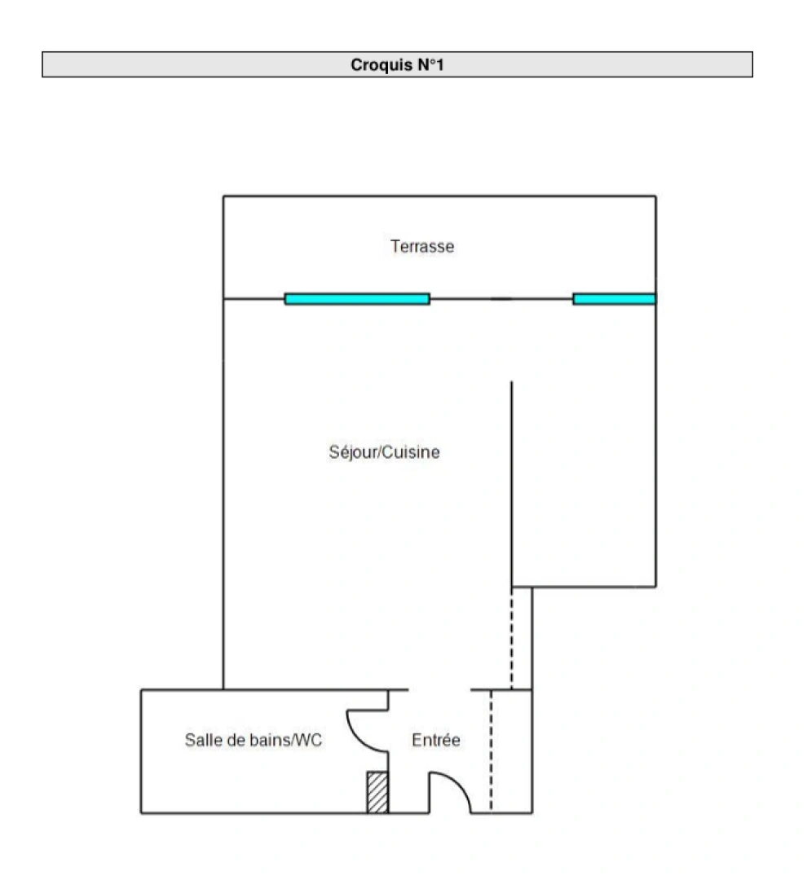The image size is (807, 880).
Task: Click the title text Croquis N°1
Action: click(397, 65)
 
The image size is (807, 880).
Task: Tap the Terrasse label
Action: click(422, 246)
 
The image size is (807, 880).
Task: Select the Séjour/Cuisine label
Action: click(384, 452)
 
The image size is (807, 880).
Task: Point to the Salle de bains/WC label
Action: click(254, 741)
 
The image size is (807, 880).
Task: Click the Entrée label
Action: click(436, 741)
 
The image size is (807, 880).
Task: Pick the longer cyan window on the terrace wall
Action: click(357, 299)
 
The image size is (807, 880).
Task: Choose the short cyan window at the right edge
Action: click(614, 299)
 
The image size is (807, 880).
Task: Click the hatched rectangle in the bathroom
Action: click(377, 792)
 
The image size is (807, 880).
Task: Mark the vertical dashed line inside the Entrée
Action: click(491, 750)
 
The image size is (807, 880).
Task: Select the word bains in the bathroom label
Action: click(273, 741)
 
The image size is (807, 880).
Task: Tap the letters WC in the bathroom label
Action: click(310, 741)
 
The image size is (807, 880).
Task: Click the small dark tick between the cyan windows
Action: click(501, 299)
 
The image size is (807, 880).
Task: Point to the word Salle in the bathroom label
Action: click(201, 741)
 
